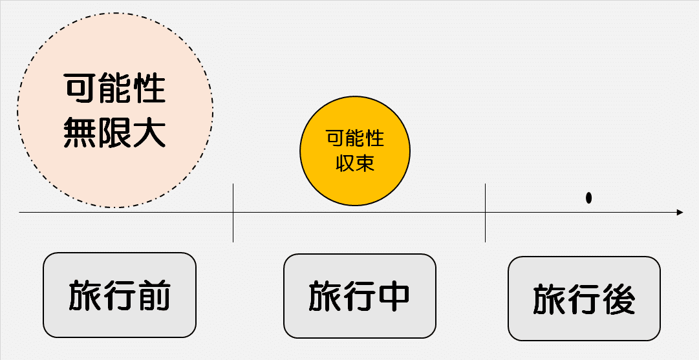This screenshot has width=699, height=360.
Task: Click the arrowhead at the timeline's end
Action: coord(679,212)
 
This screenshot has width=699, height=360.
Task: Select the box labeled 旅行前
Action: coord(119,295)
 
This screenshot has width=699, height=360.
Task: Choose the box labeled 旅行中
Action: coord(360,295)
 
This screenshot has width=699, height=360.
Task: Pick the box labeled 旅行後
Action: coord(584,299)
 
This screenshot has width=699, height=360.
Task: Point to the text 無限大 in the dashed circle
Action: coord(114,131)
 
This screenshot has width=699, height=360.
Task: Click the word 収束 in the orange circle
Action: coord(355,163)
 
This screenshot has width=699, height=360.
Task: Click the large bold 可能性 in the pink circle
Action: coord(114,89)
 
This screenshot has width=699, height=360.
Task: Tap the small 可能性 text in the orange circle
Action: coord(355,138)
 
